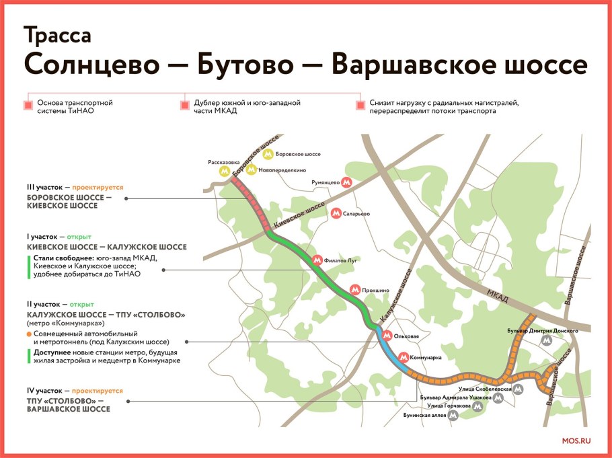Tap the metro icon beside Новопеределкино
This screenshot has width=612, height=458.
252,170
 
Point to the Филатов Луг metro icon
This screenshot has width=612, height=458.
317,259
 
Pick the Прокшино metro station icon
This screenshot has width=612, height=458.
356,290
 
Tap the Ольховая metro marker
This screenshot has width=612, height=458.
387,335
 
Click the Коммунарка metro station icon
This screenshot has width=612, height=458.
404,357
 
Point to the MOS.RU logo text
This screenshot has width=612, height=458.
575,441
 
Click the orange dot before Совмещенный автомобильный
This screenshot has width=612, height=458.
29,334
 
